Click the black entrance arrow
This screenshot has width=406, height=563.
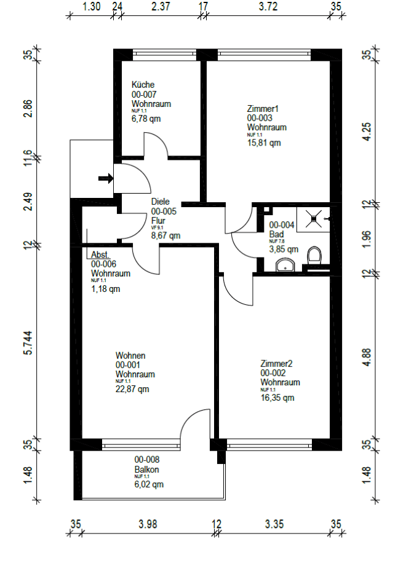(106, 179)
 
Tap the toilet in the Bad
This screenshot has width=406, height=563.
(315, 256)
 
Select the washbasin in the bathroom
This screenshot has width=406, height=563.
(285, 265)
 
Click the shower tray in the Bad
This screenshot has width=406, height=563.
(314, 218)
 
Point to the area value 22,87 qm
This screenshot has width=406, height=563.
(132, 388)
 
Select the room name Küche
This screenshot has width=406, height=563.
(143, 85)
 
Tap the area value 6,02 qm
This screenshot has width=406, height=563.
(149, 484)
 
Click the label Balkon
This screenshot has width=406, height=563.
(147, 470)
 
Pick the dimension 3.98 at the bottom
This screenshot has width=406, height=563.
(147, 524)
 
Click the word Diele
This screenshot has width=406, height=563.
(160, 201)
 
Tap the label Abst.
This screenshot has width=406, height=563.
(100, 254)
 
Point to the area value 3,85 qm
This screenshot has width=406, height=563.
(284, 250)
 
